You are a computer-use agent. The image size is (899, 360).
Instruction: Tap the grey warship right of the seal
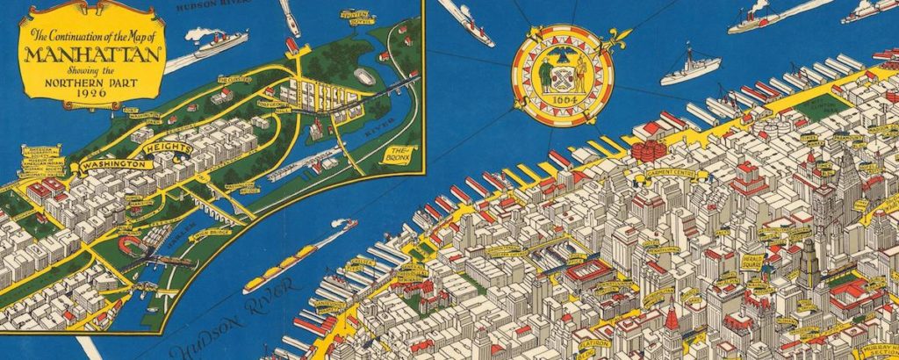click(691, 68)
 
